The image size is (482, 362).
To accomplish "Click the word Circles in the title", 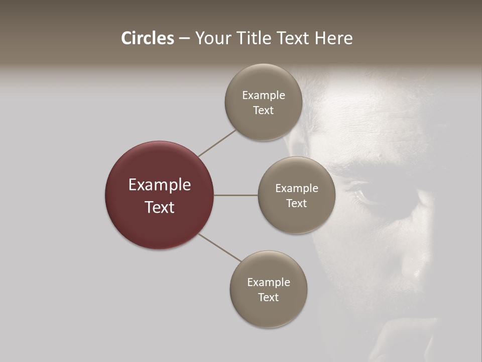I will pos(147,38).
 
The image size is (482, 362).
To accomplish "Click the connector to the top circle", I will pos(217,143).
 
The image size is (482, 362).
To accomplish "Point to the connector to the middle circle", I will pos(236,195).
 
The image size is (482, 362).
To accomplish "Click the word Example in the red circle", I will pos(160,185).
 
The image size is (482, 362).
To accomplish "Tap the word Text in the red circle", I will pos(160,207).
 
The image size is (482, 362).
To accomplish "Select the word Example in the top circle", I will pos(264,96).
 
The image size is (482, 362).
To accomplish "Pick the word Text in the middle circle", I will pos(296,204).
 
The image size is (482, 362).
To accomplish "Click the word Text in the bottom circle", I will pos(268,298).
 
